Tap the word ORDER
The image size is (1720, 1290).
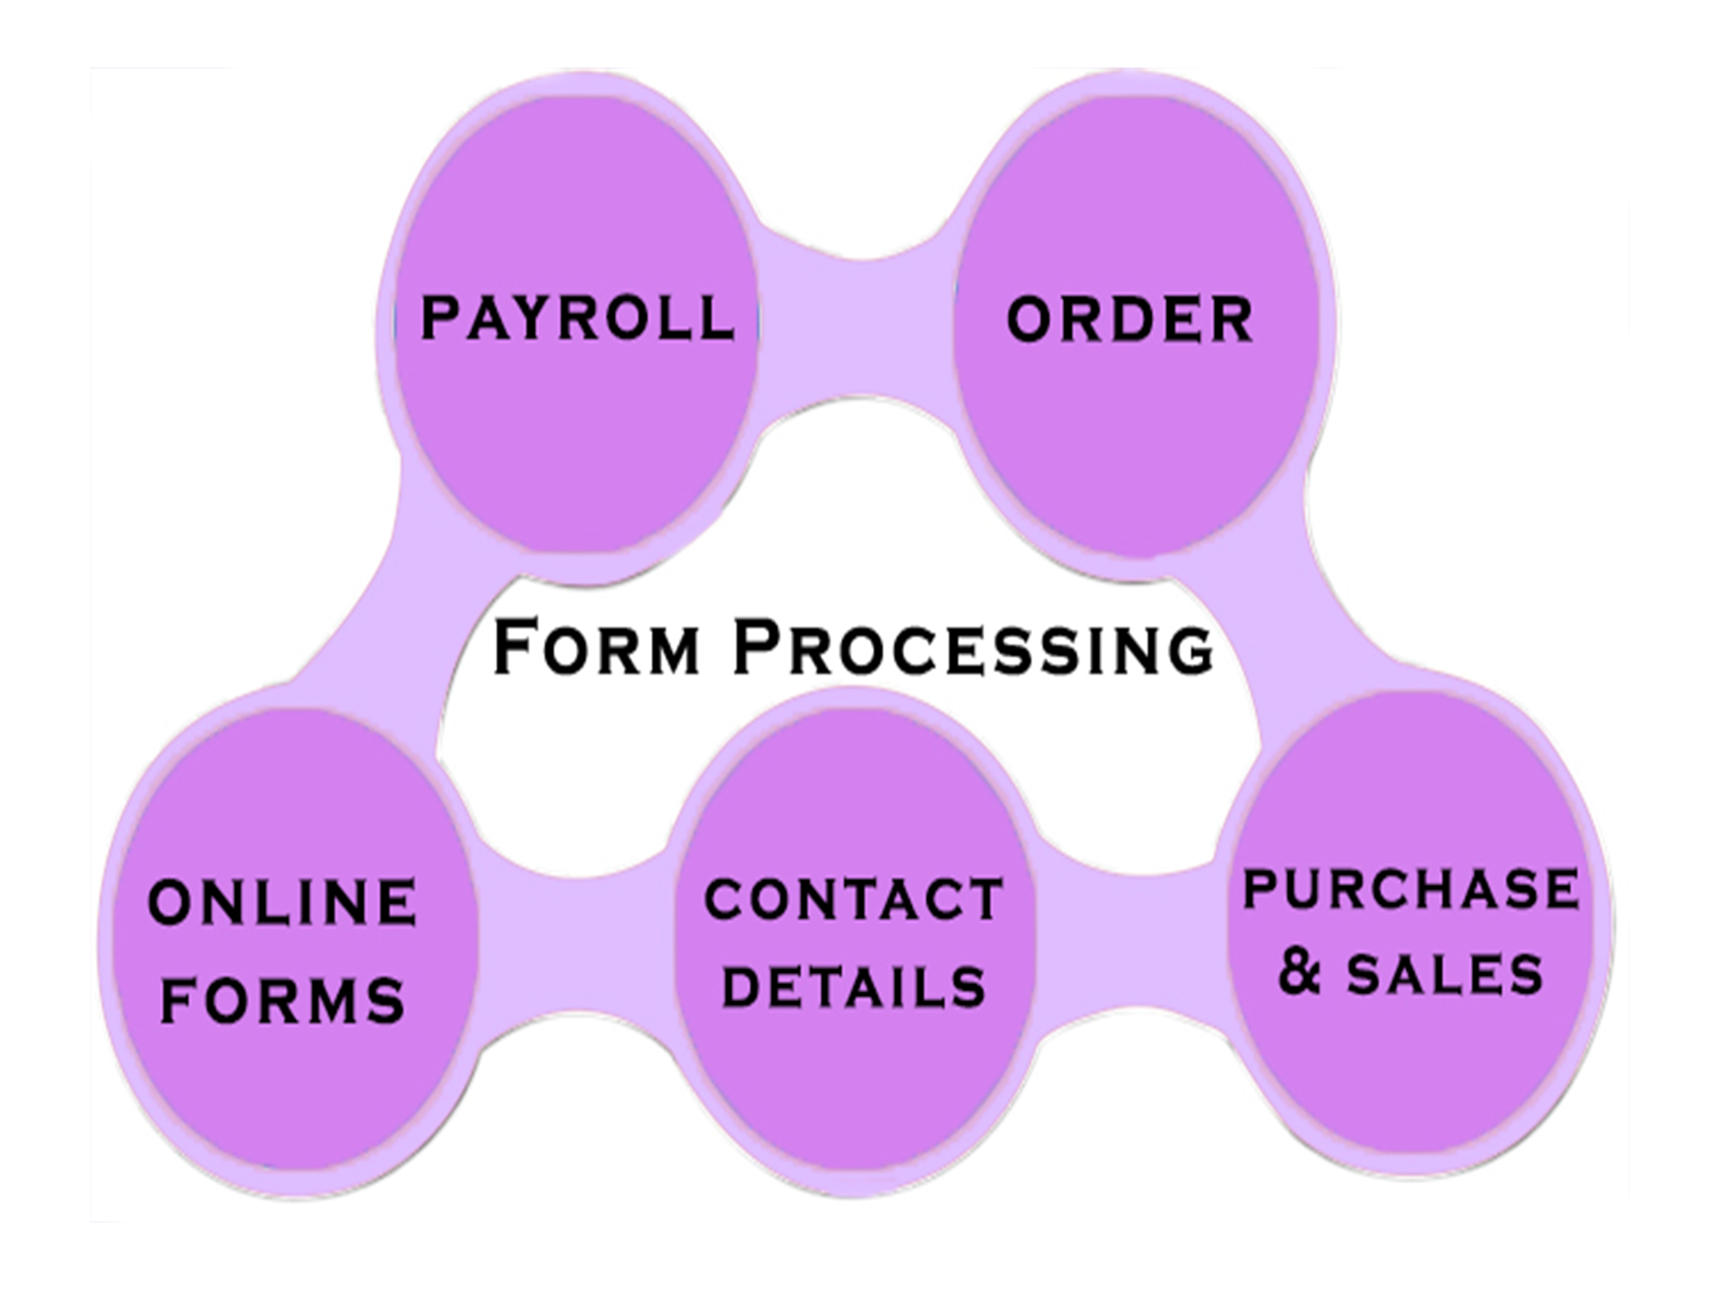pos(1129,319)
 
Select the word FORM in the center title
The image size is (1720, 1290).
pos(596,647)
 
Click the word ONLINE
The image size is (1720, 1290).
pos(282,902)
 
